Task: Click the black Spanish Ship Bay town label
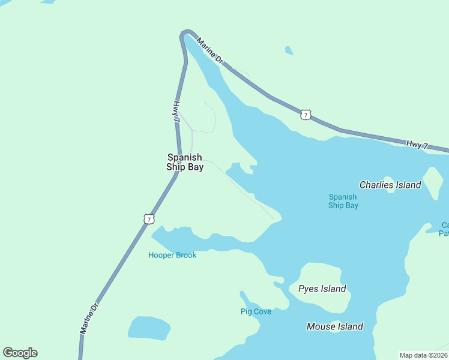[185, 163]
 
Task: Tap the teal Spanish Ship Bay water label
[343, 201]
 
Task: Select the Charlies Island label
[390, 185]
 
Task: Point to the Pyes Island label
[322, 289]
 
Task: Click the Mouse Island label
[334, 326]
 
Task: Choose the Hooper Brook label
[172, 255]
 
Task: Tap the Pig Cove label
[256, 311]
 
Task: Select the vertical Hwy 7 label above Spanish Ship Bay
[176, 112]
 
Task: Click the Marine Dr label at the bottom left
[89, 318]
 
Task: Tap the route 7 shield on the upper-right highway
[306, 115]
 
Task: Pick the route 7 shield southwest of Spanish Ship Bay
[148, 219]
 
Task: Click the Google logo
[20, 353]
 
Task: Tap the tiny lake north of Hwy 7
[289, 50]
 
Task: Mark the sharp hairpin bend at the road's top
[185, 33]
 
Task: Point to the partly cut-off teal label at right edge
[444, 229]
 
